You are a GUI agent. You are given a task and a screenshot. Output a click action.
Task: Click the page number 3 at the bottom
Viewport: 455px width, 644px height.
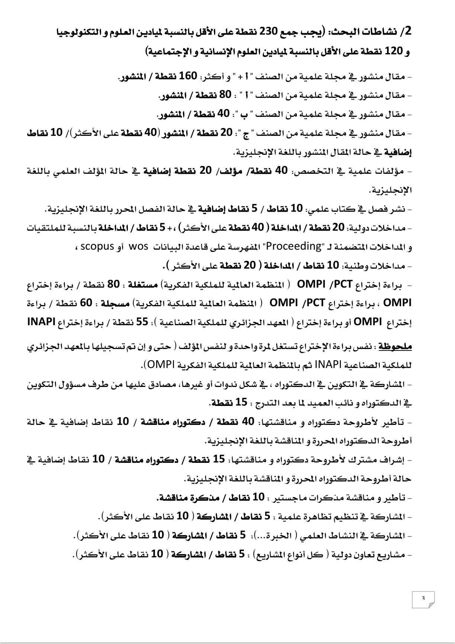[x=423, y=598]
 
